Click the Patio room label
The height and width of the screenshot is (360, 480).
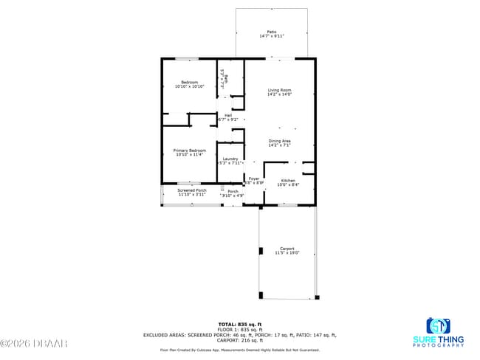272,32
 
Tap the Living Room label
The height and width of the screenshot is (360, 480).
279,90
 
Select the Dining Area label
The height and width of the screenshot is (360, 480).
279,140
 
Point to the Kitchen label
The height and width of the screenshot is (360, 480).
288,181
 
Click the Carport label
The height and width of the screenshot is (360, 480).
287,249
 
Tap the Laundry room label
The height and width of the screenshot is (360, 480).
230,159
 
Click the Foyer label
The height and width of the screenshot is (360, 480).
254,179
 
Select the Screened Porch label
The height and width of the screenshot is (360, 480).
191,190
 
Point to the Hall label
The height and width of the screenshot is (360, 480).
229,114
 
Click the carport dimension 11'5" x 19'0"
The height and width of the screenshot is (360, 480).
287,253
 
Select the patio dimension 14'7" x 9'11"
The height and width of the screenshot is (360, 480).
272,36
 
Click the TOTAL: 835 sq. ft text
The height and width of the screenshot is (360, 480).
239,324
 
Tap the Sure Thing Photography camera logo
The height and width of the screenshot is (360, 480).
438,325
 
